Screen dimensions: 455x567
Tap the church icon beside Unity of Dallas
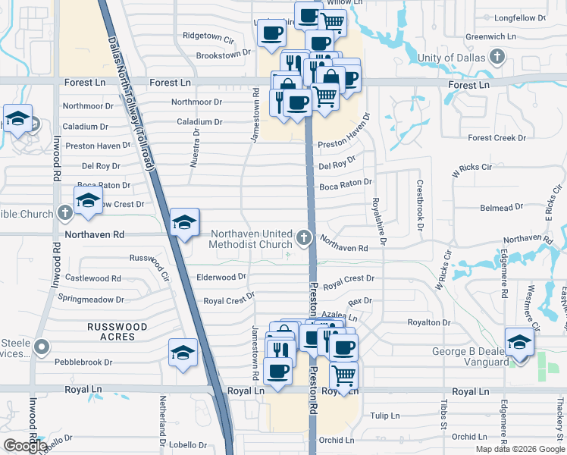(x=497, y=56)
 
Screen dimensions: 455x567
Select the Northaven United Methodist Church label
(x=251, y=239)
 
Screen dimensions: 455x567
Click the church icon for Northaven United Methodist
(x=304, y=239)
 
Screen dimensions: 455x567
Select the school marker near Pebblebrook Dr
(x=183, y=353)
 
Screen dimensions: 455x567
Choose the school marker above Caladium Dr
(x=17, y=119)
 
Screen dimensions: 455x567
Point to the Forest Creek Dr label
(x=497, y=138)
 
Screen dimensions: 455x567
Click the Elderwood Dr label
(x=221, y=278)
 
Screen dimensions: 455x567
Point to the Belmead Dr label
(x=502, y=206)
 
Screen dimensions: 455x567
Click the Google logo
(x=25, y=446)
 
